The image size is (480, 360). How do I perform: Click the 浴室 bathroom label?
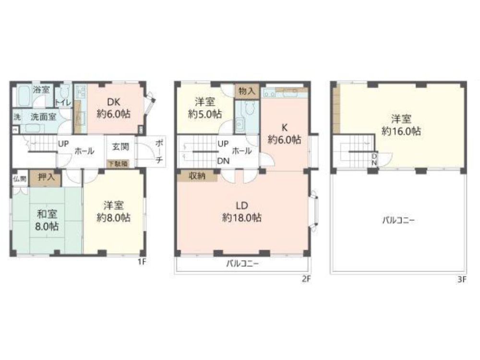pos(41,90)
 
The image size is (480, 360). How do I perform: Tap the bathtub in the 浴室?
pos(24,96)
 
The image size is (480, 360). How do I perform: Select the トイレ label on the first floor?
pos(63,102)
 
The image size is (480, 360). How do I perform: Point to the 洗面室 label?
pos(43,117)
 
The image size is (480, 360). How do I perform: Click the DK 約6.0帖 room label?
pos(114,108)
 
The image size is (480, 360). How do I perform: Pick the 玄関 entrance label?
pos(120,146)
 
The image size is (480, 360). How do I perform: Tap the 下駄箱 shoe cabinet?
pos(118,164)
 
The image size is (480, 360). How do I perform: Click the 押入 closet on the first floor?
pos(46,177)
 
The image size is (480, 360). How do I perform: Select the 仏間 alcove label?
pos(20,179)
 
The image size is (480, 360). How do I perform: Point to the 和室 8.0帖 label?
pos(47,220)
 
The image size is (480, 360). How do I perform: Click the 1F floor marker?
pos(142,262)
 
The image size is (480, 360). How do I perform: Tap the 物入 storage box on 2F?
pos(247,91)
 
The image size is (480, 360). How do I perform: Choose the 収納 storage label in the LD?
pos(197,176)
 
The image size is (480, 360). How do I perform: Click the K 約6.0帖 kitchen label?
pos(284,134)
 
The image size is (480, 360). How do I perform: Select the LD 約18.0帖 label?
pos(242,212)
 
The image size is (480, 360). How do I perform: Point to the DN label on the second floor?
pos(223,161)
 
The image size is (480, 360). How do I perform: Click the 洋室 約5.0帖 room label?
pos(205,108)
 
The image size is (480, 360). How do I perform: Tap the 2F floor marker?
pos(306,279)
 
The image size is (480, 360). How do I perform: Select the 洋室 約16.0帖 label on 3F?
pos(401,125)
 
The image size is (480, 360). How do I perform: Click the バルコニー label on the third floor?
pos(398,220)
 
